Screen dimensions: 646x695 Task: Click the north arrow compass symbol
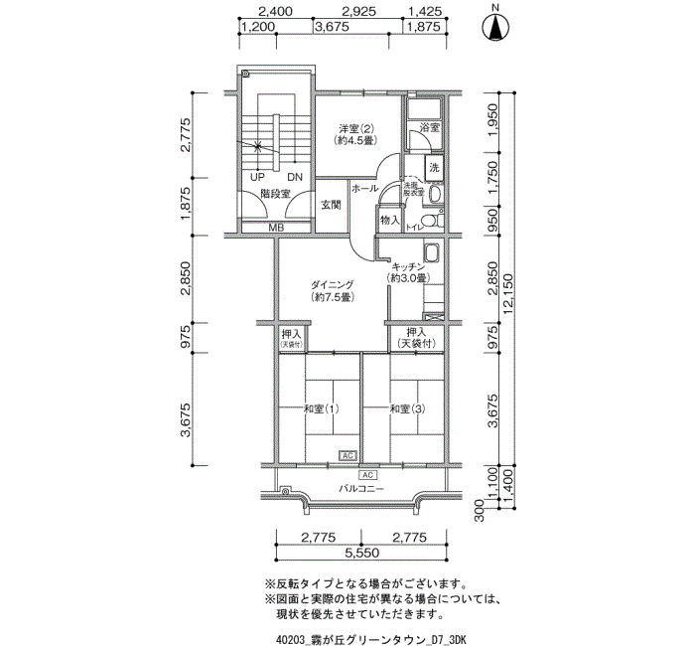(493, 27)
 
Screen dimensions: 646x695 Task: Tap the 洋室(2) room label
(355, 129)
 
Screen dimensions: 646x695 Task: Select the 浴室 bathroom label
(429, 128)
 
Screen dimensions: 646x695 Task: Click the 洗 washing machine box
(434, 168)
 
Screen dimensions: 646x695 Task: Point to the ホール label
(362, 188)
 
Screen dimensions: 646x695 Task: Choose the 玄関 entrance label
(331, 206)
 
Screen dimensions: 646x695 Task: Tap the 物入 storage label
(389, 220)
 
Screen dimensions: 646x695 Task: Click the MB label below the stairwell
(276, 228)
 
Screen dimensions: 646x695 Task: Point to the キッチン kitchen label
(408, 267)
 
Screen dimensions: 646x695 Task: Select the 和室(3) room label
(407, 409)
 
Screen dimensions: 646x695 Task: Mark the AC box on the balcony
(355, 475)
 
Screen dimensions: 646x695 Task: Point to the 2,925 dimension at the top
(358, 13)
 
